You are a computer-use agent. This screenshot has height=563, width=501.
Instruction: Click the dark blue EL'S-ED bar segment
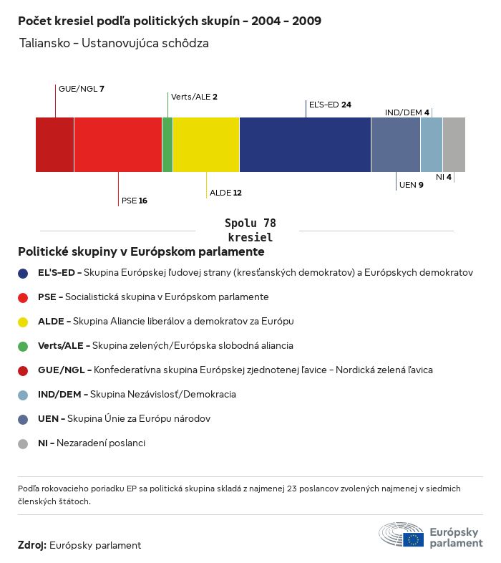(x=305, y=145)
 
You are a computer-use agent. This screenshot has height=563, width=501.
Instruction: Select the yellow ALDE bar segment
(x=206, y=145)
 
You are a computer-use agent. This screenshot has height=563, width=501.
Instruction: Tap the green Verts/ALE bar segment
(x=167, y=145)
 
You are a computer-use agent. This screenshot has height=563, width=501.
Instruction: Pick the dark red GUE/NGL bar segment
(x=55, y=145)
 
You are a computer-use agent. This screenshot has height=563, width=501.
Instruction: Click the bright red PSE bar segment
(x=118, y=145)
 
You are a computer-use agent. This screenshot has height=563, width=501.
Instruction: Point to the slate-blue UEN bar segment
(x=396, y=145)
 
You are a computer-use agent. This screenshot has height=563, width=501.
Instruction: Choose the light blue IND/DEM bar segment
(x=432, y=145)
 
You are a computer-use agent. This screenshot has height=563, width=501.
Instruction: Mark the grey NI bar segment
(x=454, y=145)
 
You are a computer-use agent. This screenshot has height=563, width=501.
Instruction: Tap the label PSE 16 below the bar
(x=135, y=201)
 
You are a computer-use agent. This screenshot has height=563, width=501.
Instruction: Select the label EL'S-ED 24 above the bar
(x=329, y=105)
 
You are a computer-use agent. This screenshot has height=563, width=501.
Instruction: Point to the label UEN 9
(x=412, y=185)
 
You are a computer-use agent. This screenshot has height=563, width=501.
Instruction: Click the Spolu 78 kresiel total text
(x=250, y=230)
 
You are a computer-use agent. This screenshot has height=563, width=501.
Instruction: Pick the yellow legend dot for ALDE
(x=23, y=322)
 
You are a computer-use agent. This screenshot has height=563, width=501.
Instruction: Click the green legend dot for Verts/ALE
(x=23, y=346)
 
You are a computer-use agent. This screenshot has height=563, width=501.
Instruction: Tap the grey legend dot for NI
(x=23, y=443)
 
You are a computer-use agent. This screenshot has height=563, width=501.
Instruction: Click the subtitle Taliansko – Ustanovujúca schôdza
(x=115, y=43)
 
